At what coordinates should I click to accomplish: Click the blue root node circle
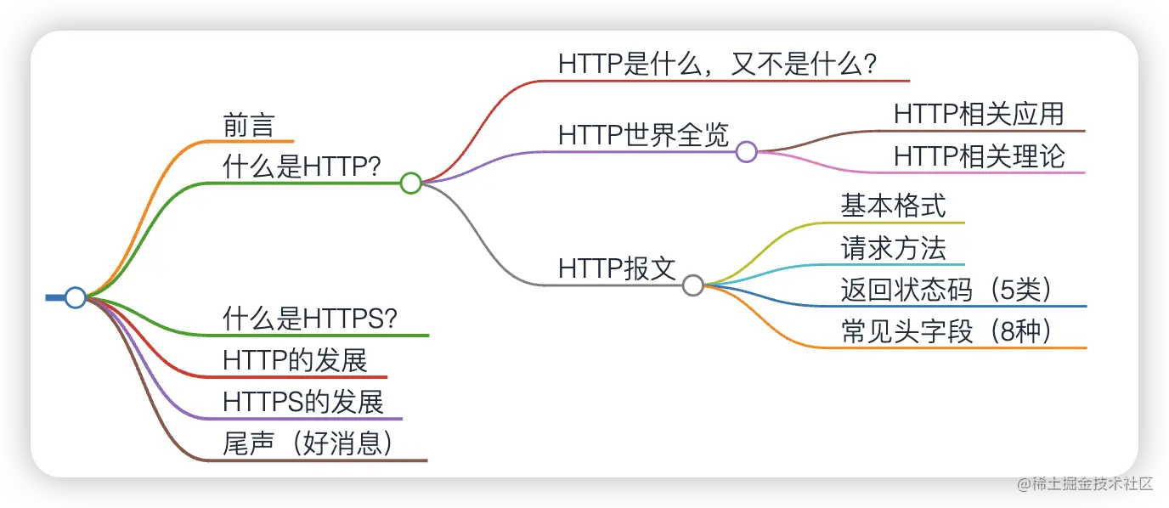coord(76,297)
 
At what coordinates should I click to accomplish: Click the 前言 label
coord(248,125)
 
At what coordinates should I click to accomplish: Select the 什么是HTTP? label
coord(302,167)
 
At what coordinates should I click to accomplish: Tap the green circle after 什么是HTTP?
coord(411,183)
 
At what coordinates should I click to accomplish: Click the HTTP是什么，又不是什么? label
coord(718,64)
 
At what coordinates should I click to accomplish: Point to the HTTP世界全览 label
coord(644,134)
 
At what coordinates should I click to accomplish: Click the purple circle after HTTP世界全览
coord(746,152)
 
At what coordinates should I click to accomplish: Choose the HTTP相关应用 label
coord(979,114)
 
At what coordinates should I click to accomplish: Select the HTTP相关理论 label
coord(979,156)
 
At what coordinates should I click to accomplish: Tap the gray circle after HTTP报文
coord(693,285)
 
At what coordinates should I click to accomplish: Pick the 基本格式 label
coord(893,206)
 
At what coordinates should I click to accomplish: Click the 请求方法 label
coord(893,248)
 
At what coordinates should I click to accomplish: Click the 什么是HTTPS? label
coord(310,319)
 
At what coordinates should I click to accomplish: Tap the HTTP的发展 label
coord(295,360)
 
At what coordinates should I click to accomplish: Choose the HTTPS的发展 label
coord(303,402)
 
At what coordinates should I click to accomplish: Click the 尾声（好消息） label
coord(311,443)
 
